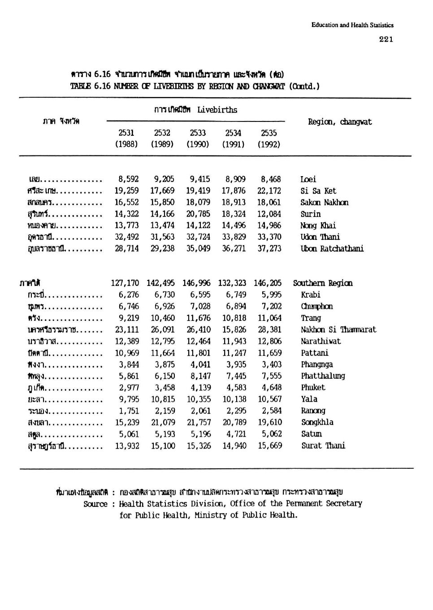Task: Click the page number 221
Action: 385,39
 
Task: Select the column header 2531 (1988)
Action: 126,138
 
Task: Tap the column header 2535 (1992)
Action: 269,138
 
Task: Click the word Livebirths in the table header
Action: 217,110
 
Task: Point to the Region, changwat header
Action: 340,122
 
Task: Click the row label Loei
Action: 308,179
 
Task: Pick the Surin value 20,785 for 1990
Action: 198,214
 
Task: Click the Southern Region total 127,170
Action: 125,283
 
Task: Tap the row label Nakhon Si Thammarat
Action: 338,330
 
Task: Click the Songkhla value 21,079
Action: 162,423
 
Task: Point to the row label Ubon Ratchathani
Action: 332,249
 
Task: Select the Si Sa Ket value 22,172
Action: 269,191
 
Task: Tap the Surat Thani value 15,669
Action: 270,446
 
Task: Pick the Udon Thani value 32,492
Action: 127,237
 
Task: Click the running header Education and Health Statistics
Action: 352,25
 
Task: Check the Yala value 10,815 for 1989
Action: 162,399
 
